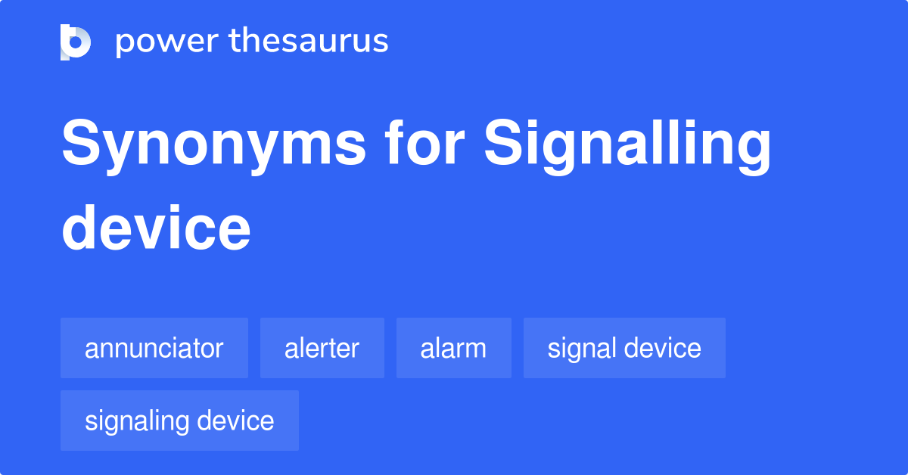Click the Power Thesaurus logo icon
point(76,42)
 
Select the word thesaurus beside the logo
point(309,42)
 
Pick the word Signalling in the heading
point(628,146)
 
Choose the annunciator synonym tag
point(154,349)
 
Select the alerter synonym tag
point(322,349)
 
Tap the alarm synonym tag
point(454,349)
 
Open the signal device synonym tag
point(624,349)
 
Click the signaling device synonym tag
point(179,421)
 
